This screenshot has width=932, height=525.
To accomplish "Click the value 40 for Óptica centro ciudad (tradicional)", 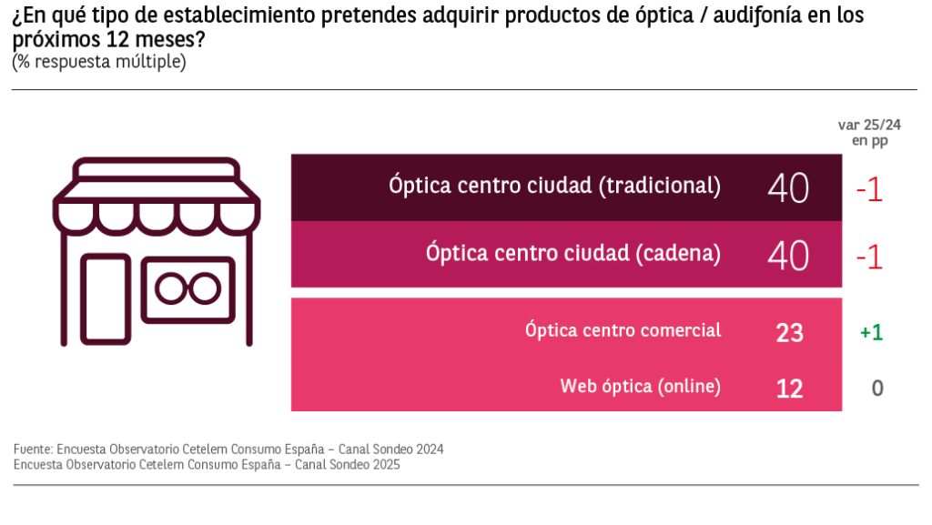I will (788, 188).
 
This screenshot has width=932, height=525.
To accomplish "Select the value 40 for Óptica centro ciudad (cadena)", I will (788, 256).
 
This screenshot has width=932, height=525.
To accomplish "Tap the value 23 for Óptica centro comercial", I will (789, 333).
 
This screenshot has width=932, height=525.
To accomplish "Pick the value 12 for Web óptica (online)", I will (789, 389).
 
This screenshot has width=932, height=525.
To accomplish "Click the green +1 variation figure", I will (871, 332).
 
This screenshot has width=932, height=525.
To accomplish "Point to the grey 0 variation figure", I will (877, 389).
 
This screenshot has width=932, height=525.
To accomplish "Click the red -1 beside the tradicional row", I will (869, 189).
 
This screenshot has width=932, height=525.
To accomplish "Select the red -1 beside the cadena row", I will (869, 257).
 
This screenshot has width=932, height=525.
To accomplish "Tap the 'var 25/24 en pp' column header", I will (869, 133).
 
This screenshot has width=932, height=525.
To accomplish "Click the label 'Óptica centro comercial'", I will (623, 329).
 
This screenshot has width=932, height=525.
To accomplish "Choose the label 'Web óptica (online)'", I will (640, 386).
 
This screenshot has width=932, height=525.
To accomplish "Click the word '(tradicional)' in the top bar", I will (659, 186).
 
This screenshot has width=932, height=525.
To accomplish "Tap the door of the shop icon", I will (105, 298).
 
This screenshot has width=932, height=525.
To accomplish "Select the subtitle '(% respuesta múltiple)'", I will (98, 62).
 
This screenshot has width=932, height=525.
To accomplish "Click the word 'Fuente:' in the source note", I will (33, 449).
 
